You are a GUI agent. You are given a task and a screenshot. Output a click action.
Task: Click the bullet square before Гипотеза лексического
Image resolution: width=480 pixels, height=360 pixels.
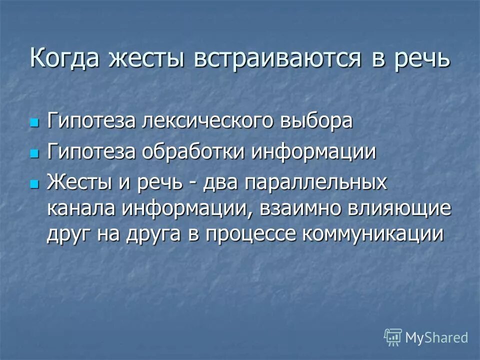pyautogui.click(x=34, y=122)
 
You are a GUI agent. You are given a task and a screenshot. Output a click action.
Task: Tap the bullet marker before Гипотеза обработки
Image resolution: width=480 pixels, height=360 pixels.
pyautogui.click(x=34, y=153)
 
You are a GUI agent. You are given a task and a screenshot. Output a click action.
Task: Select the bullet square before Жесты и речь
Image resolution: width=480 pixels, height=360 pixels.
pyautogui.click(x=34, y=183)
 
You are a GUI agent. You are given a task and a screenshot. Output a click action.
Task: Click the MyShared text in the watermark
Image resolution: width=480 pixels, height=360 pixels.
pyautogui.click(x=436, y=337)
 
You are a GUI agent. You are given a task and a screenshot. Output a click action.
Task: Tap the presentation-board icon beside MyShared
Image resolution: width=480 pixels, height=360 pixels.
pyautogui.click(x=393, y=337)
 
